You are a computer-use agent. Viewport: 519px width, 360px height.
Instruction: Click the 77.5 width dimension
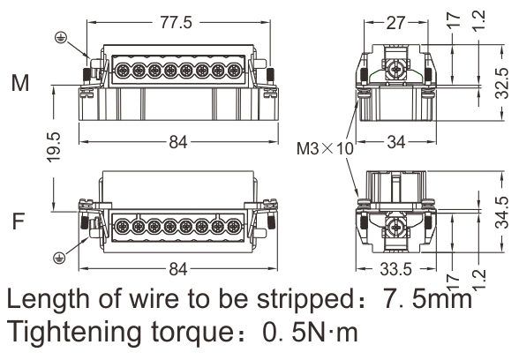pyautogui.click(x=177, y=23)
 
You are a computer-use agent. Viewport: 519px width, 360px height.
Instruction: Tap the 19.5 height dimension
pyautogui.click(x=54, y=147)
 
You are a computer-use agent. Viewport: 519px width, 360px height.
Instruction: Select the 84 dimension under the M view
pyautogui.click(x=178, y=142)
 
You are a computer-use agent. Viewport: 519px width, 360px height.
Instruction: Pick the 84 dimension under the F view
pyautogui.click(x=178, y=269)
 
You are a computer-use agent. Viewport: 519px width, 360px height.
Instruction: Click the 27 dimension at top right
pyautogui.click(x=395, y=23)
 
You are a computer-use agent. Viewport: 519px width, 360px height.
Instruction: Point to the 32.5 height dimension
pyautogui.click(x=501, y=83)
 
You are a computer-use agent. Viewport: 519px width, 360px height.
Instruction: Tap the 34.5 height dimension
pyautogui.click(x=501, y=213)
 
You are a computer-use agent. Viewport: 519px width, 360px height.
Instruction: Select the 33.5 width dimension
pyautogui.click(x=395, y=269)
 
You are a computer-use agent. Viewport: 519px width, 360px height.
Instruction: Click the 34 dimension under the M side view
pyautogui.click(x=395, y=142)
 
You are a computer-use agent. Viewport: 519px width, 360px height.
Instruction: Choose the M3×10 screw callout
pyautogui.click(x=325, y=148)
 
